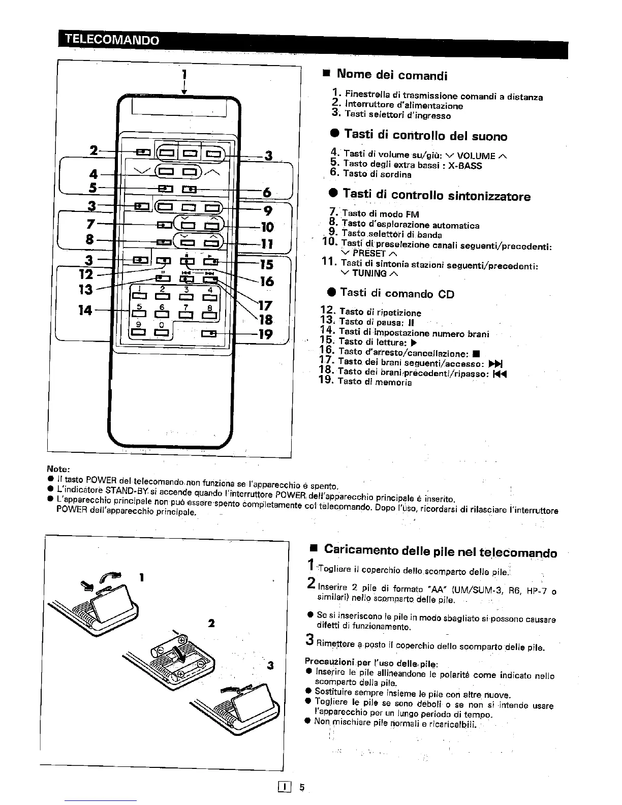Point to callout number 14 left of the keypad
[85, 310]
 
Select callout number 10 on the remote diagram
[266, 227]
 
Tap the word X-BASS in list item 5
[465, 165]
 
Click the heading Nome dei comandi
[392, 75]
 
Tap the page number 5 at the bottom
[301, 787]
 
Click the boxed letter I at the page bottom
[286, 787]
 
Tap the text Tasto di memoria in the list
[375, 382]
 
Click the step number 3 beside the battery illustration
[270, 665]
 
